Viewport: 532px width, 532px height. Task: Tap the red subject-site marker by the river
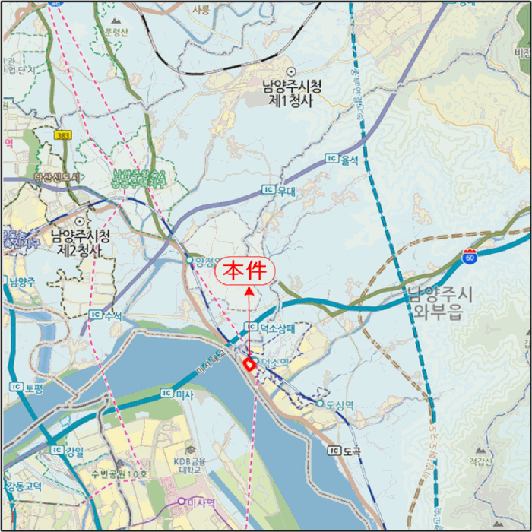(248, 365)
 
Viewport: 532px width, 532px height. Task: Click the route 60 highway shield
(471, 256)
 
